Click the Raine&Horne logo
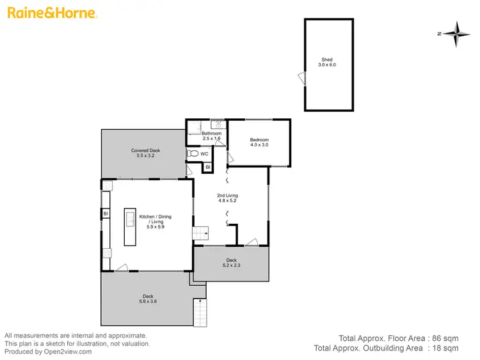(x=52, y=13)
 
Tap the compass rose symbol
(x=456, y=34)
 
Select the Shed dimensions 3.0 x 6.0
(x=327, y=65)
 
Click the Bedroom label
(x=259, y=139)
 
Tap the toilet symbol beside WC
(x=193, y=154)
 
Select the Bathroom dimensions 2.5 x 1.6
(x=211, y=139)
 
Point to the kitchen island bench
(x=130, y=227)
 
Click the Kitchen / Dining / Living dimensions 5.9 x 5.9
(x=155, y=226)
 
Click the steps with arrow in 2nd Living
(x=200, y=234)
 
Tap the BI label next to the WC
(x=208, y=168)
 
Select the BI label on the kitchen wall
(x=105, y=214)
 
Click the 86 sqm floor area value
(x=446, y=337)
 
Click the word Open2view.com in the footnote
(x=67, y=351)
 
